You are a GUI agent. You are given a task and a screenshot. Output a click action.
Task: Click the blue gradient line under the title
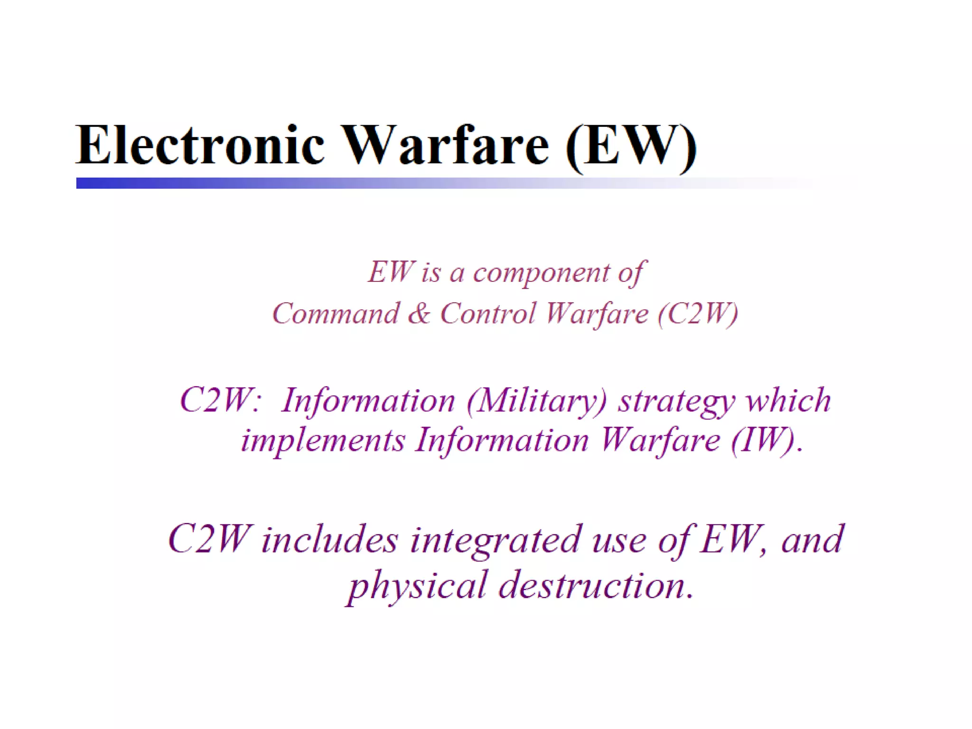pos(332,183)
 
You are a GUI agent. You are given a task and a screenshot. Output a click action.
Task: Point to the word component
pos(542,273)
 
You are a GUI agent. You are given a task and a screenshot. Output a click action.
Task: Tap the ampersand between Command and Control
pos(419,314)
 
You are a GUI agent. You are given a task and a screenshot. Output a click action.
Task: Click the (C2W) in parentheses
pos(698,314)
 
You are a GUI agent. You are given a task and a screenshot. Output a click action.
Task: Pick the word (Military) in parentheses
pos(537,402)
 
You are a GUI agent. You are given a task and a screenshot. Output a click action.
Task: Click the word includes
pos(329,540)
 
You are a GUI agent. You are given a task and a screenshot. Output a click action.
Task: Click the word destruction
pos(596,585)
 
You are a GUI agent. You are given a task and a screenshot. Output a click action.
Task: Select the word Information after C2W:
pos(368,402)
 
